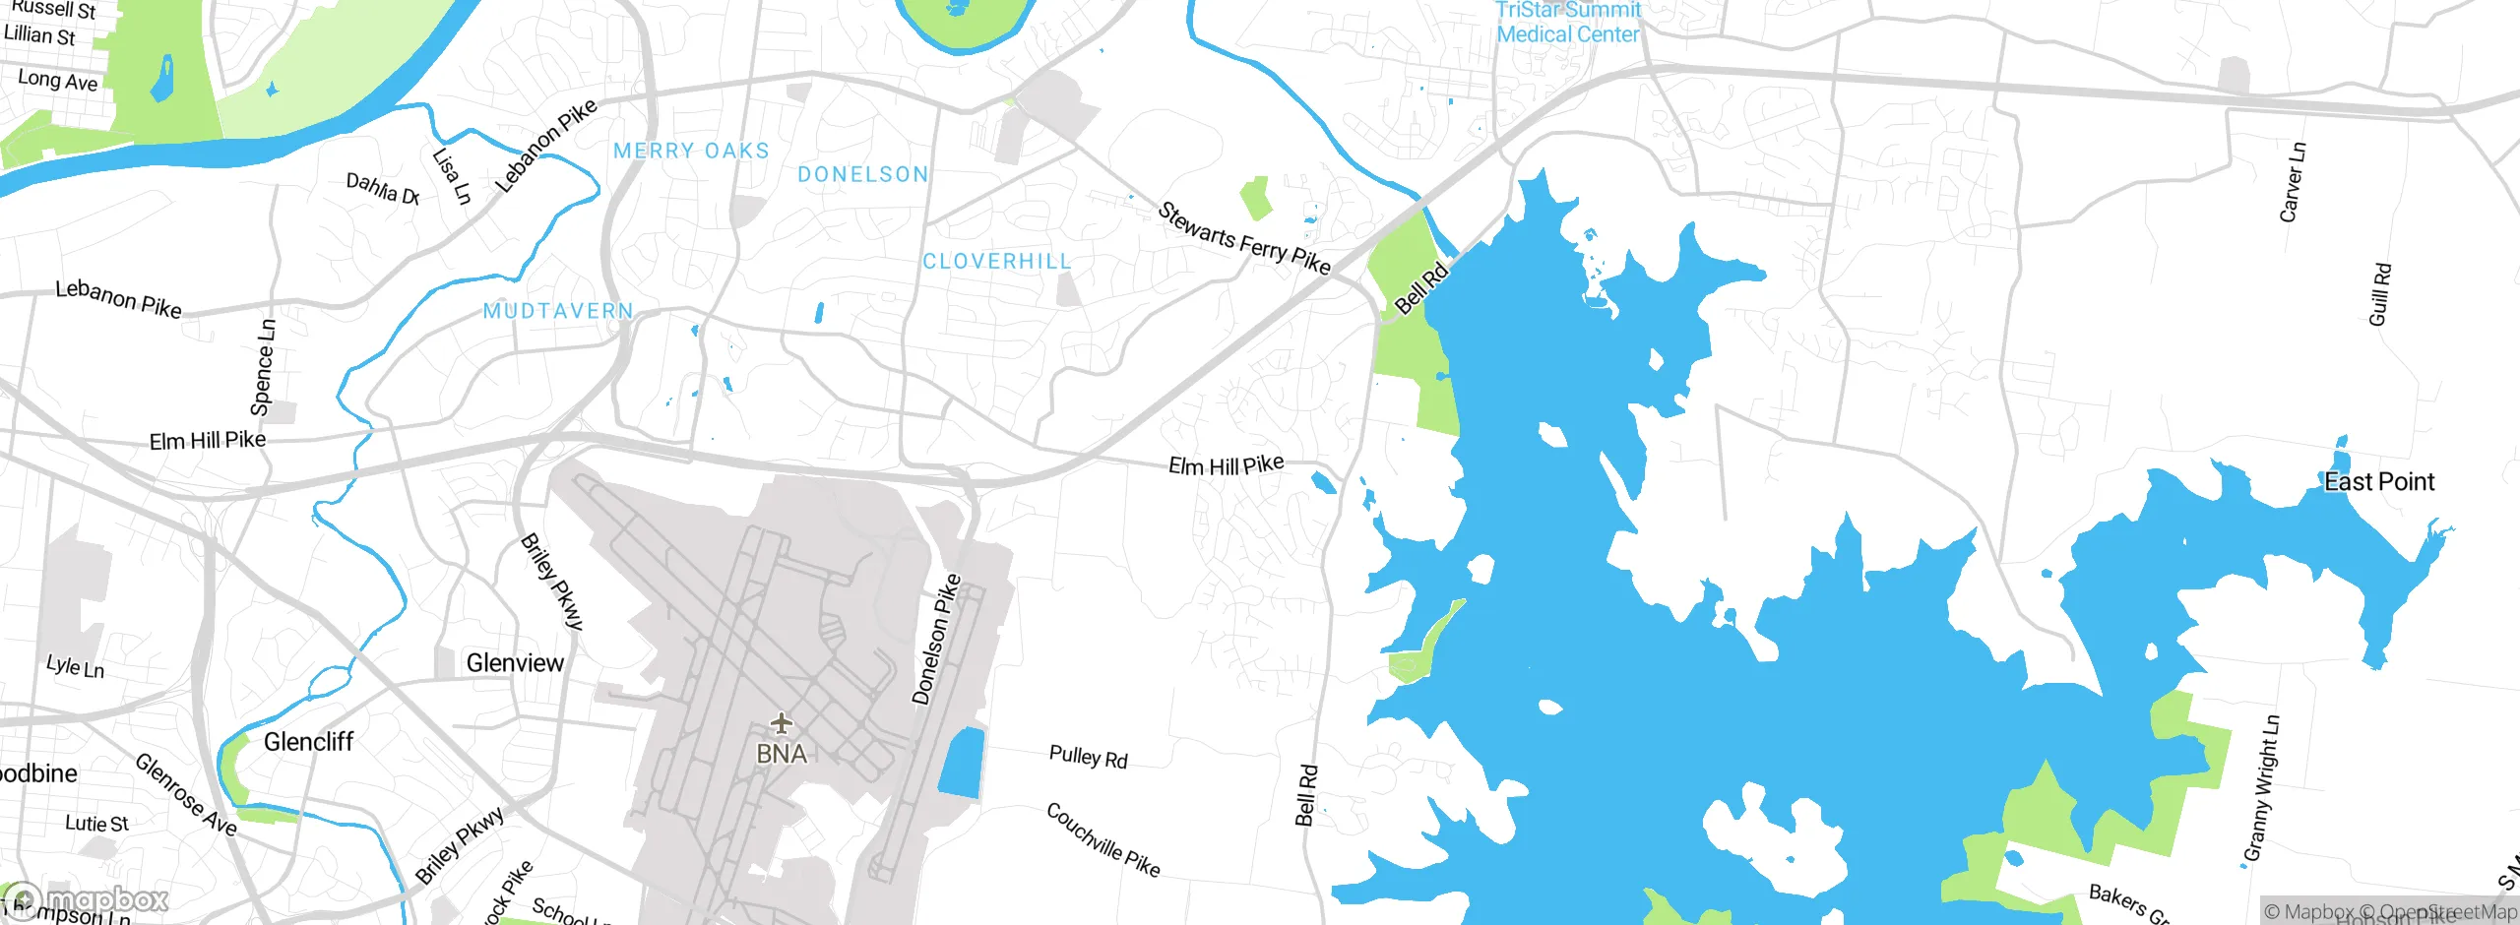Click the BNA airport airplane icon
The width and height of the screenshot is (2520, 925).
[x=782, y=724]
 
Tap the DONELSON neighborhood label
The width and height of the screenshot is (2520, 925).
[x=863, y=175]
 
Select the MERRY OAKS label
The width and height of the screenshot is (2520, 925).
[x=691, y=152]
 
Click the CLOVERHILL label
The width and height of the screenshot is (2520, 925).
[x=996, y=262]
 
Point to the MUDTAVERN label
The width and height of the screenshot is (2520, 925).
[x=558, y=311]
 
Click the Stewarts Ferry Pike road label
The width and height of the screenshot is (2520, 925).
[x=1243, y=239]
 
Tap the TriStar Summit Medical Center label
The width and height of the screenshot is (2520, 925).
[x=1568, y=23]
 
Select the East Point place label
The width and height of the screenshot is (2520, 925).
[x=2378, y=482]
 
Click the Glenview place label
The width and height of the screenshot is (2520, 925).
[x=515, y=663]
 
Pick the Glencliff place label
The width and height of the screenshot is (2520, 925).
[x=308, y=742]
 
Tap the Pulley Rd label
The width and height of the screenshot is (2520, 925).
[x=1088, y=758]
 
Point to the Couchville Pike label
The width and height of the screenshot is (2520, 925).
[x=1102, y=839]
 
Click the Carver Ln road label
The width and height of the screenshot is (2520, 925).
[x=2292, y=182]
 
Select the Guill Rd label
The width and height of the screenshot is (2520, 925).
[x=2379, y=294]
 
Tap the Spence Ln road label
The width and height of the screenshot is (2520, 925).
[x=263, y=367]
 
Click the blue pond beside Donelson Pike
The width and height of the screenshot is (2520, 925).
[x=961, y=763]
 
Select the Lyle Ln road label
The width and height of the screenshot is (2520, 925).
[x=75, y=667]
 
